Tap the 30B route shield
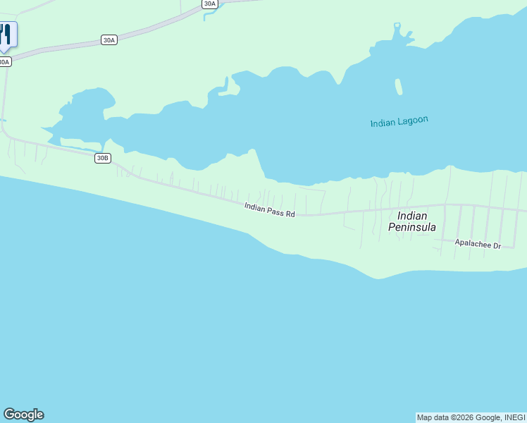click(x=103, y=158)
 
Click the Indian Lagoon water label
click(x=399, y=122)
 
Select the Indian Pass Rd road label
click(x=269, y=209)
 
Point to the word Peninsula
click(x=412, y=227)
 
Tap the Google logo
click(x=23, y=415)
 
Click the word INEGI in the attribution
click(x=514, y=417)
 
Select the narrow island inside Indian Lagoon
click(x=399, y=86)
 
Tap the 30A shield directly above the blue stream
click(x=209, y=4)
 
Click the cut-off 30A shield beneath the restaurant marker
click(x=4, y=62)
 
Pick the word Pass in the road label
click(x=275, y=210)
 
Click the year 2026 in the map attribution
click(x=465, y=417)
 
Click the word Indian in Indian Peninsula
click(x=412, y=216)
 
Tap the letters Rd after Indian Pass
click(x=290, y=213)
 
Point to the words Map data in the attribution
click(x=433, y=417)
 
